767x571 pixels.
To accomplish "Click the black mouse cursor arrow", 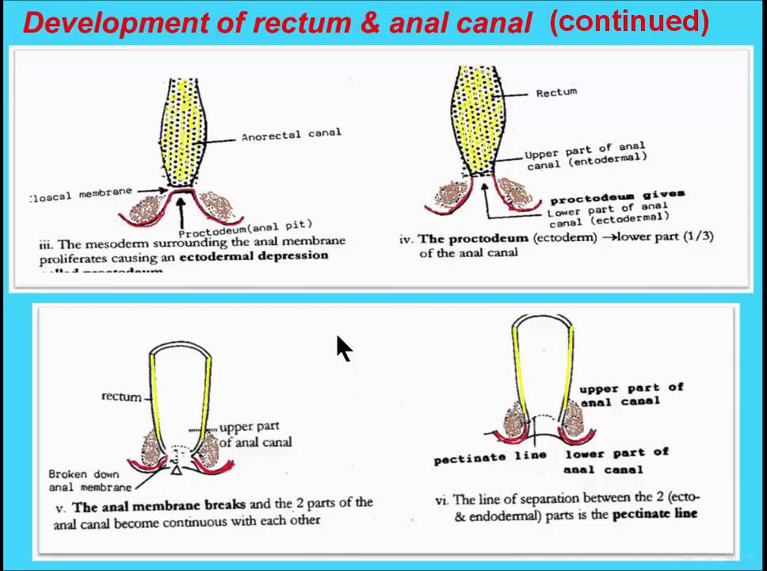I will pos(343,348).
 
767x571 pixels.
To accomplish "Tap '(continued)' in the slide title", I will pos(628,21).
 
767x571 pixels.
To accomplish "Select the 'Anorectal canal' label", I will pos(291,135).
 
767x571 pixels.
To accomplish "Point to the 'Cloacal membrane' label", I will pos(80,194).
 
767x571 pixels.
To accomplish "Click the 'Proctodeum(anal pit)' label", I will pos(245,228).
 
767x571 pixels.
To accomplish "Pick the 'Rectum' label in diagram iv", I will pos(556,92).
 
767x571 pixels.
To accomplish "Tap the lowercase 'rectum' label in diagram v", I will pos(121,396).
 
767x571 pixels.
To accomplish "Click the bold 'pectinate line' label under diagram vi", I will pos(490,458).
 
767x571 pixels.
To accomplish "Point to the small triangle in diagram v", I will pos(177,472).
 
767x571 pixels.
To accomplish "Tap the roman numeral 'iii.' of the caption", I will pos(46,245).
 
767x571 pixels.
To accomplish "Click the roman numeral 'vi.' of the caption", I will pos(442,500).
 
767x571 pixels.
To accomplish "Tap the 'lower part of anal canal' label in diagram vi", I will pos(616,461).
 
